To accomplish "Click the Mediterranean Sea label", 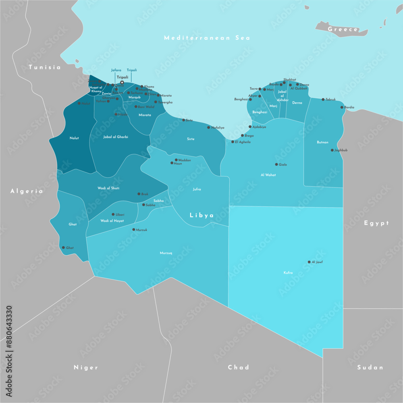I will click(x=207, y=38).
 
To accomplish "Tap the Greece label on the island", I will click(x=343, y=29).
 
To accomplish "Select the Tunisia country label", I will click(x=45, y=67).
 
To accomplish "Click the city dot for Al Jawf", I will click(x=309, y=262).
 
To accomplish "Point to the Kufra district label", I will click(x=288, y=273).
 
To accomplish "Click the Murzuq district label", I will click(x=166, y=253).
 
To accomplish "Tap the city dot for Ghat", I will click(x=63, y=247).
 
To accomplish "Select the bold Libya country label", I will click(x=202, y=215).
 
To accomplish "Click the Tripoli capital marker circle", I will click(x=122, y=83).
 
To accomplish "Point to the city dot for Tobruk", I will click(x=323, y=99).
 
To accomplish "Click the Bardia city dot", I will click(x=342, y=107).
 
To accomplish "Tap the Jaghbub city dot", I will click(x=332, y=150).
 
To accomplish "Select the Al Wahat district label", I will click(x=268, y=175).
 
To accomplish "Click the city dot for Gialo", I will click(x=276, y=164).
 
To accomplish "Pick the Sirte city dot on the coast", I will click(x=184, y=120).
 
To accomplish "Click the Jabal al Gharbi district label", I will click(x=116, y=137).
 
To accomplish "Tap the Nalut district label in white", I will click(x=74, y=138).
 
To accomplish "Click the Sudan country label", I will click(x=370, y=367).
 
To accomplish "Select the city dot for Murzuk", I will click(x=134, y=230).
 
